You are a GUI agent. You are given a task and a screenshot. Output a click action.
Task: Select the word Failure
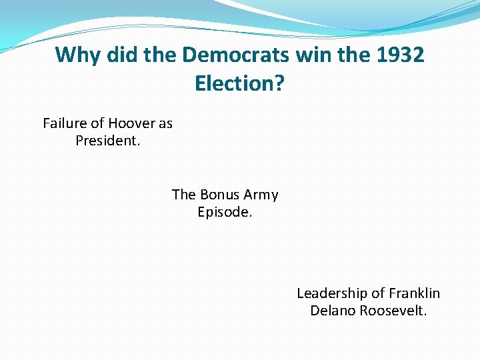(x=65, y=123)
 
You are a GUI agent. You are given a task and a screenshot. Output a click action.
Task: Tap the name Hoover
(x=131, y=123)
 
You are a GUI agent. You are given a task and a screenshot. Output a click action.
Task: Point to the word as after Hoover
(x=165, y=123)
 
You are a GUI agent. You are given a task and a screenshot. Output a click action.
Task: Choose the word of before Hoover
(x=97, y=123)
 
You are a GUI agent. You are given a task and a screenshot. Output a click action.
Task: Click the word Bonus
(x=219, y=195)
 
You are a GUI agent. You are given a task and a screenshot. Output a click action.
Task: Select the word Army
(x=261, y=195)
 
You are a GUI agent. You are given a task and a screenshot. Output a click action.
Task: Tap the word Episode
(x=225, y=213)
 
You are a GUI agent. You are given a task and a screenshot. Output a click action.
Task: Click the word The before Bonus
(x=183, y=195)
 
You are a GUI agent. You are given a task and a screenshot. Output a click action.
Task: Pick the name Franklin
(x=415, y=293)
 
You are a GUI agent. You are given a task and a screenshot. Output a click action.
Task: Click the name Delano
(x=333, y=311)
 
